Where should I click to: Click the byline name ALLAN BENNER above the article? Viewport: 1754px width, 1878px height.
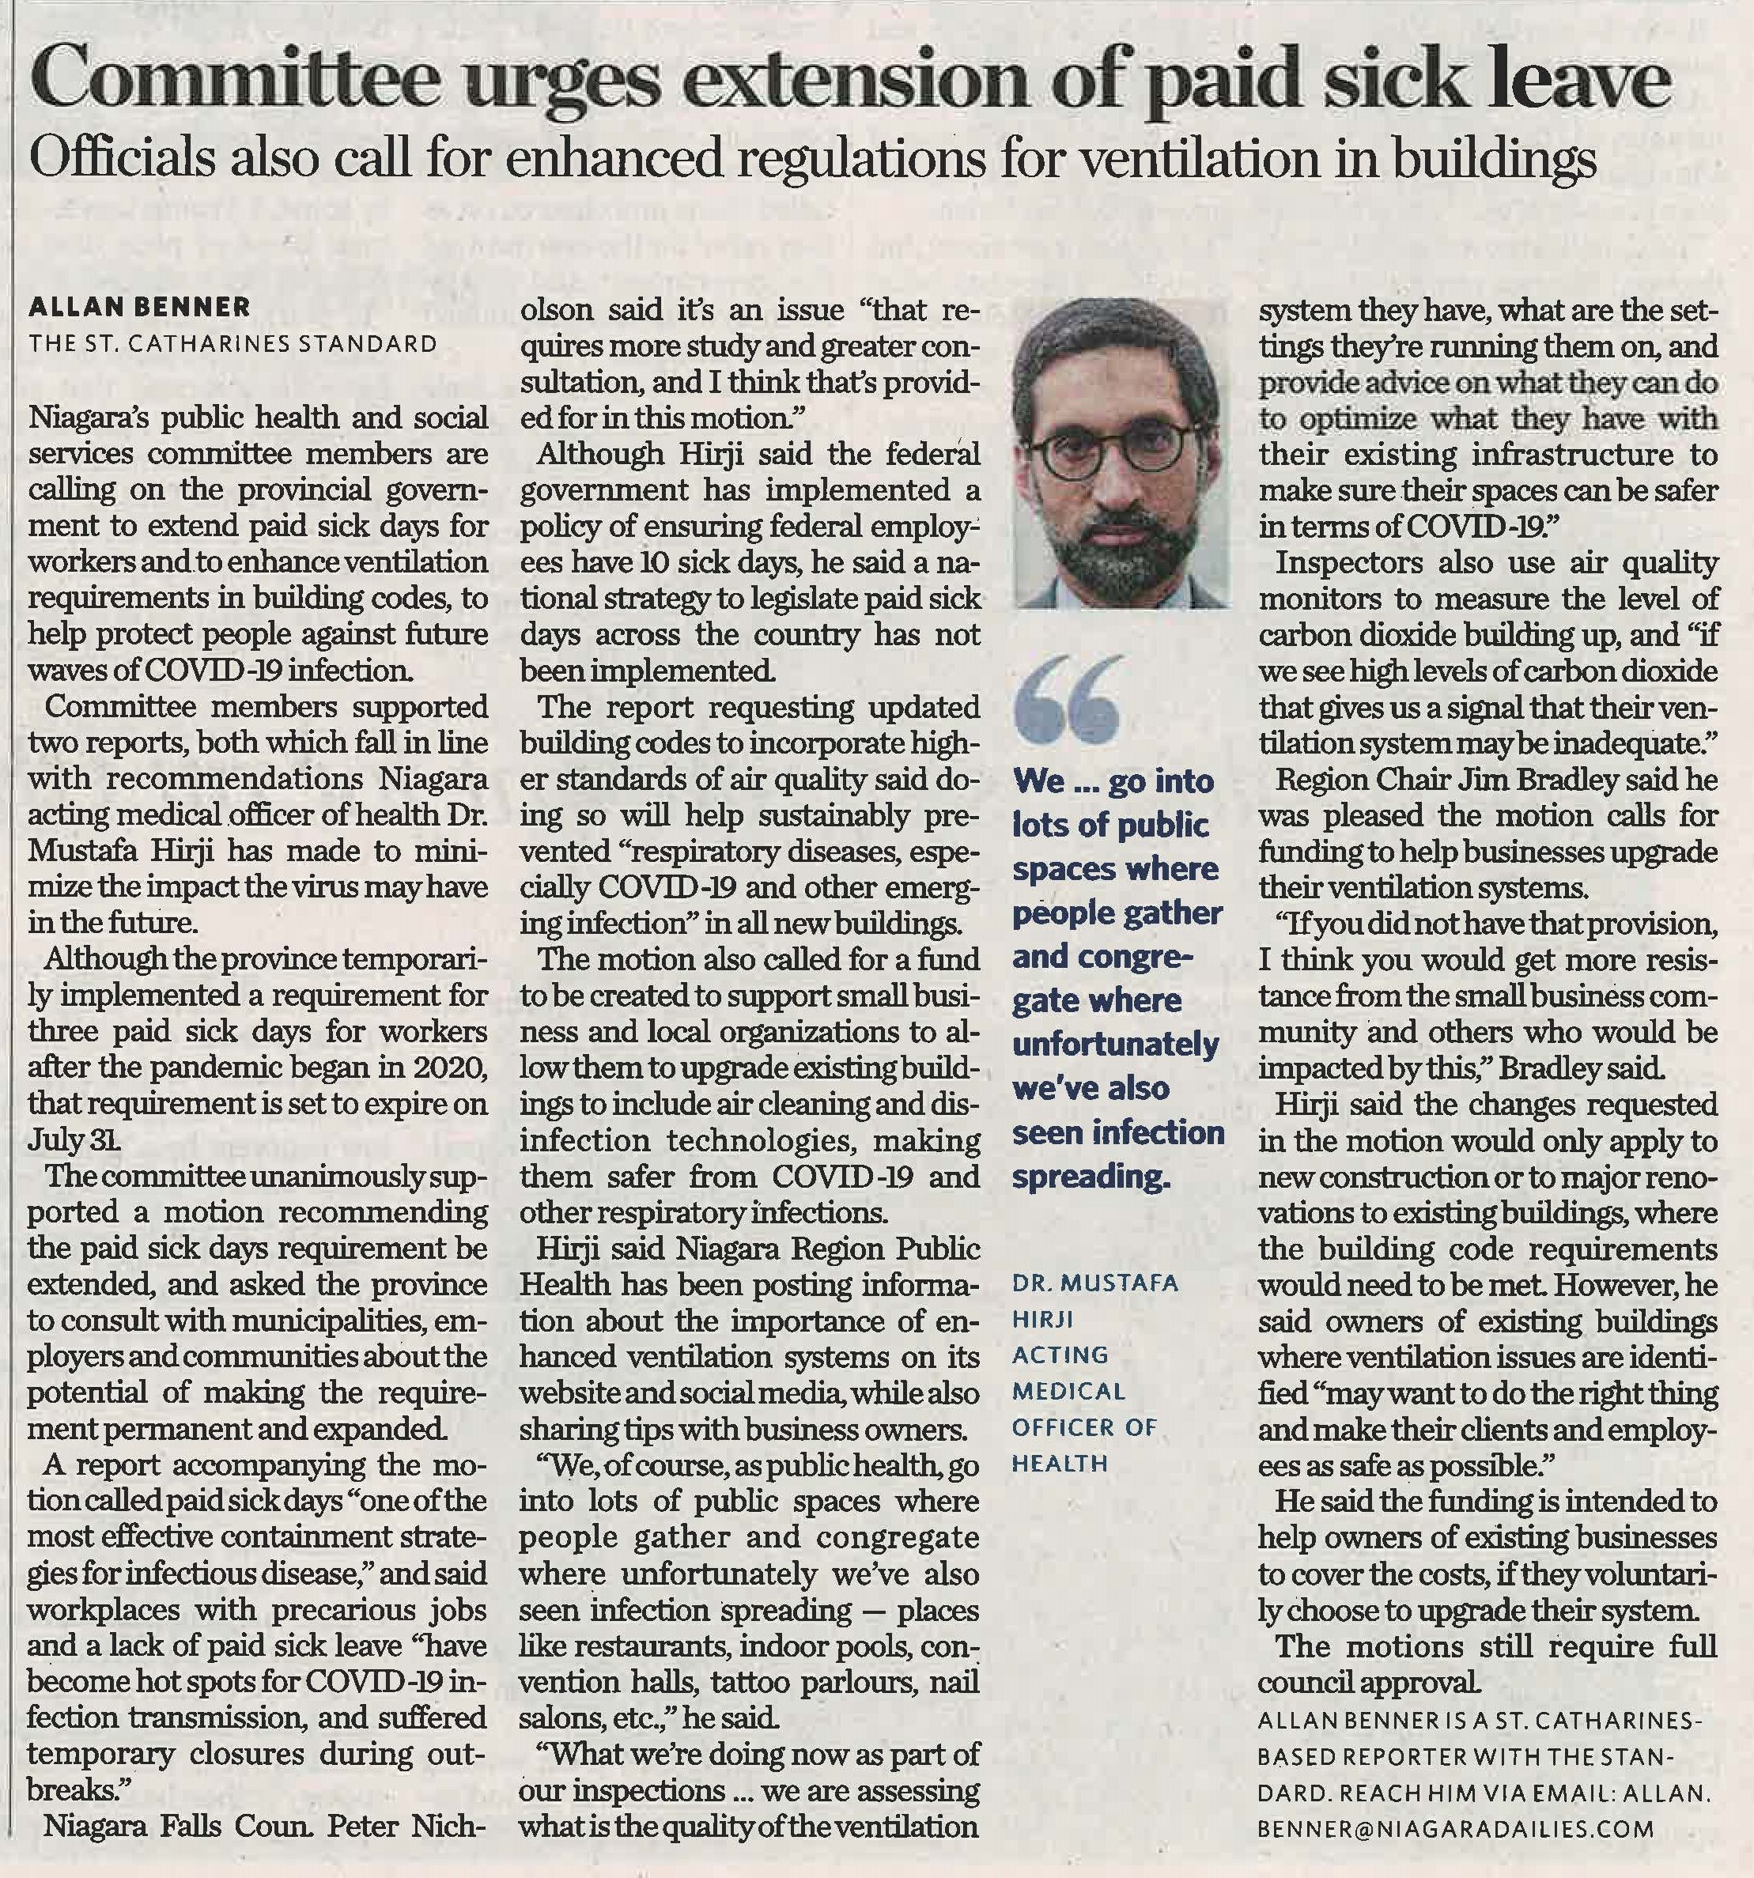(140, 307)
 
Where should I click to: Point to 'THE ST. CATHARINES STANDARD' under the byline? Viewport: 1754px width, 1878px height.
(233, 343)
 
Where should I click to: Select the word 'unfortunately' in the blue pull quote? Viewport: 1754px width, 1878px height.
(1114, 1044)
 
